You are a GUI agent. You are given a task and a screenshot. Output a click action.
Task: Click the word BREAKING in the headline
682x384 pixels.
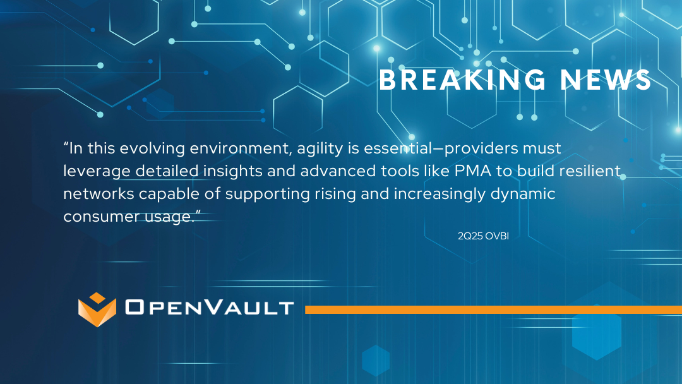point(462,80)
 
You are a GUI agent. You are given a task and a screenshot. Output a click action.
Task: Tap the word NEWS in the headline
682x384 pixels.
point(606,80)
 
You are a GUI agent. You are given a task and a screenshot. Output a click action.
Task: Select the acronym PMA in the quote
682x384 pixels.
point(473,171)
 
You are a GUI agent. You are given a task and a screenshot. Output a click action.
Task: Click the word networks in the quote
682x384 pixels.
point(99,193)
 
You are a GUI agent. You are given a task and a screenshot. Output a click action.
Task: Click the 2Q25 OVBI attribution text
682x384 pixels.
point(483,236)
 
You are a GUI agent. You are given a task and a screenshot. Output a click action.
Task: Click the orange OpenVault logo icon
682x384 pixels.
point(97,309)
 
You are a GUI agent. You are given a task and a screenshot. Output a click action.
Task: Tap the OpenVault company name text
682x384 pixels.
point(209,307)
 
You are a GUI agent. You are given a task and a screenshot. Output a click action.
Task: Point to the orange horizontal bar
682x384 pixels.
point(494,309)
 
